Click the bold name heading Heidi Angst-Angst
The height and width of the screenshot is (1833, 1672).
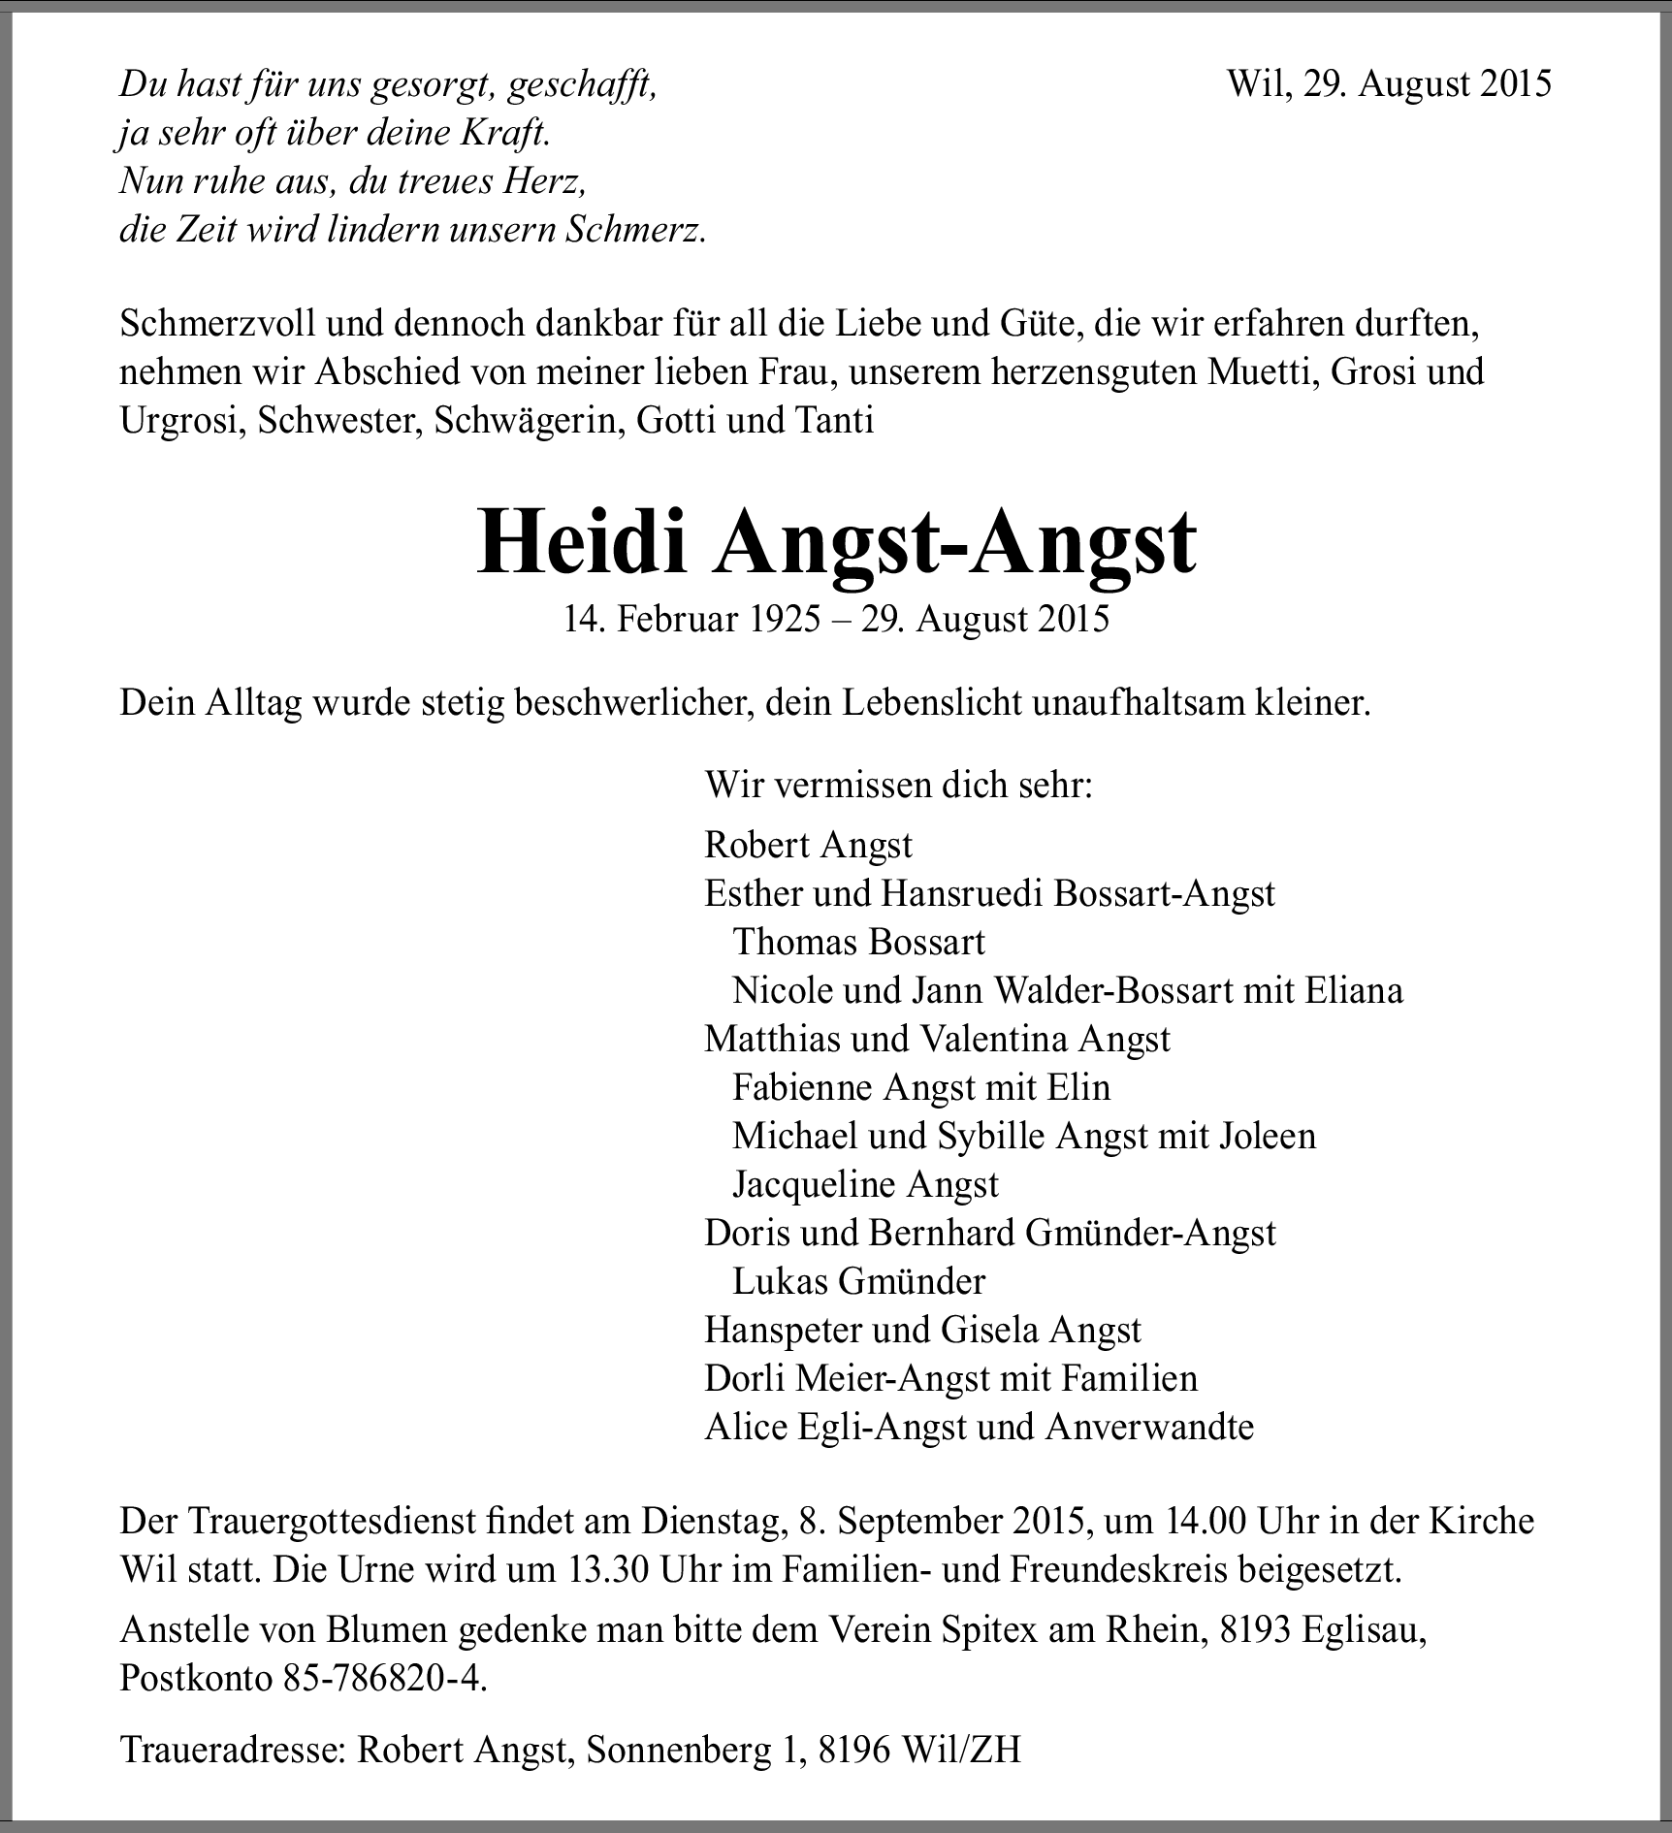pyautogui.click(x=836, y=544)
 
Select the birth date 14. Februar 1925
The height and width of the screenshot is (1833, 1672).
pyautogui.click(x=691, y=619)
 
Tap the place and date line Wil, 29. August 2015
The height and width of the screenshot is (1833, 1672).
pyautogui.click(x=1389, y=83)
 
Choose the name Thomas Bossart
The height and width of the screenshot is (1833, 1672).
pyautogui.click(x=858, y=942)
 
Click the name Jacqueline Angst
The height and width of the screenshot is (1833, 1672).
pyautogui.click(x=865, y=1184)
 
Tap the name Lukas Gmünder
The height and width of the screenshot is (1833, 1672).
pyautogui.click(x=858, y=1281)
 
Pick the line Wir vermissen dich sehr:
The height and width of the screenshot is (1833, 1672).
pyautogui.click(x=898, y=785)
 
